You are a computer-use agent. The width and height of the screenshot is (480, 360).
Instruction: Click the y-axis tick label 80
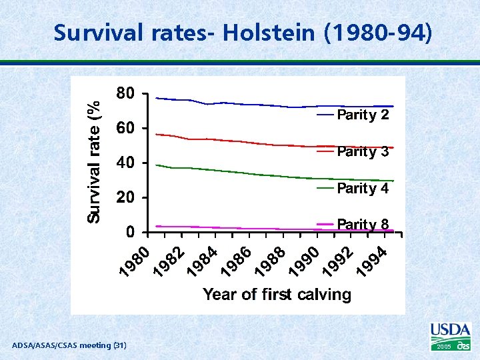125,93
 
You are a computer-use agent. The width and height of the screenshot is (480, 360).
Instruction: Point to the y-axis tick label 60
125,128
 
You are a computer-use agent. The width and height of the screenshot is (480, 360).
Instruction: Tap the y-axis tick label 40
125,163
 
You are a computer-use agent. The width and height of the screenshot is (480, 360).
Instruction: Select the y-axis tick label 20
125,198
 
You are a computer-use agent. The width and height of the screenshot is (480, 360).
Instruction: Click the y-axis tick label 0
131,233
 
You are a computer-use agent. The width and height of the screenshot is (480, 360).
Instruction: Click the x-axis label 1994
374,261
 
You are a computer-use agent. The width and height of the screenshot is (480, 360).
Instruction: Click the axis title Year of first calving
277,294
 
